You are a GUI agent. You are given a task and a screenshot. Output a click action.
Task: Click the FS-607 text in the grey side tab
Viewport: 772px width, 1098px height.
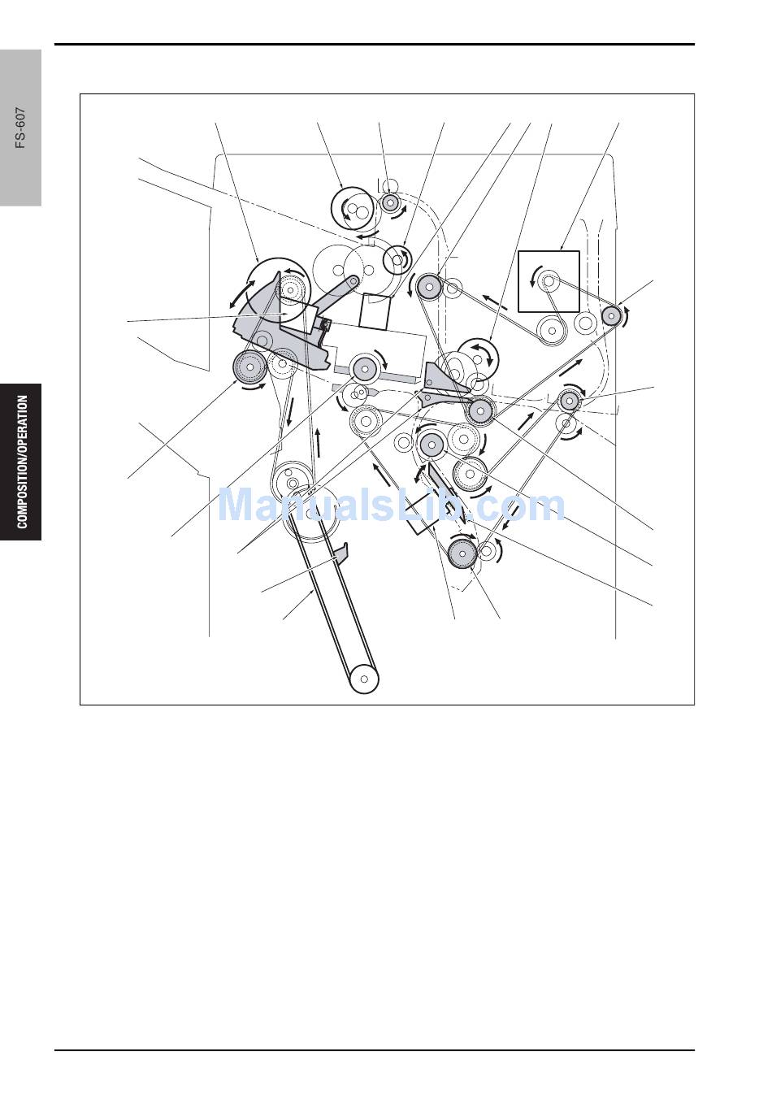click(20, 128)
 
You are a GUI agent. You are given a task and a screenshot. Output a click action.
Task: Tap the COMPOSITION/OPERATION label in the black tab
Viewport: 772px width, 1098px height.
click(22, 462)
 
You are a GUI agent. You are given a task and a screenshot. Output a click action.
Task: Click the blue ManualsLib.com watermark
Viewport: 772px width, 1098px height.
click(391, 505)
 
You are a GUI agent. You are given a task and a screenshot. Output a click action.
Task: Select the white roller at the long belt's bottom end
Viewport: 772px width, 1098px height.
click(364, 679)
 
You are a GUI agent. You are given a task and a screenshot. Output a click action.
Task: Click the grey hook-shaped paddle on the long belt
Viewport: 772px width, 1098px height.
click(341, 552)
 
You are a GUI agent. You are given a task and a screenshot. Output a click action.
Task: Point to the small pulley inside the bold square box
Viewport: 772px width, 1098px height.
click(549, 281)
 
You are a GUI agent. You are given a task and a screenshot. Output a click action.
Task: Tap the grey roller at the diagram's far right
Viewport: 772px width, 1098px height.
click(611, 315)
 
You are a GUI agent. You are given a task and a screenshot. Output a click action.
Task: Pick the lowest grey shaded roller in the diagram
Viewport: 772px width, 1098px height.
click(462, 553)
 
